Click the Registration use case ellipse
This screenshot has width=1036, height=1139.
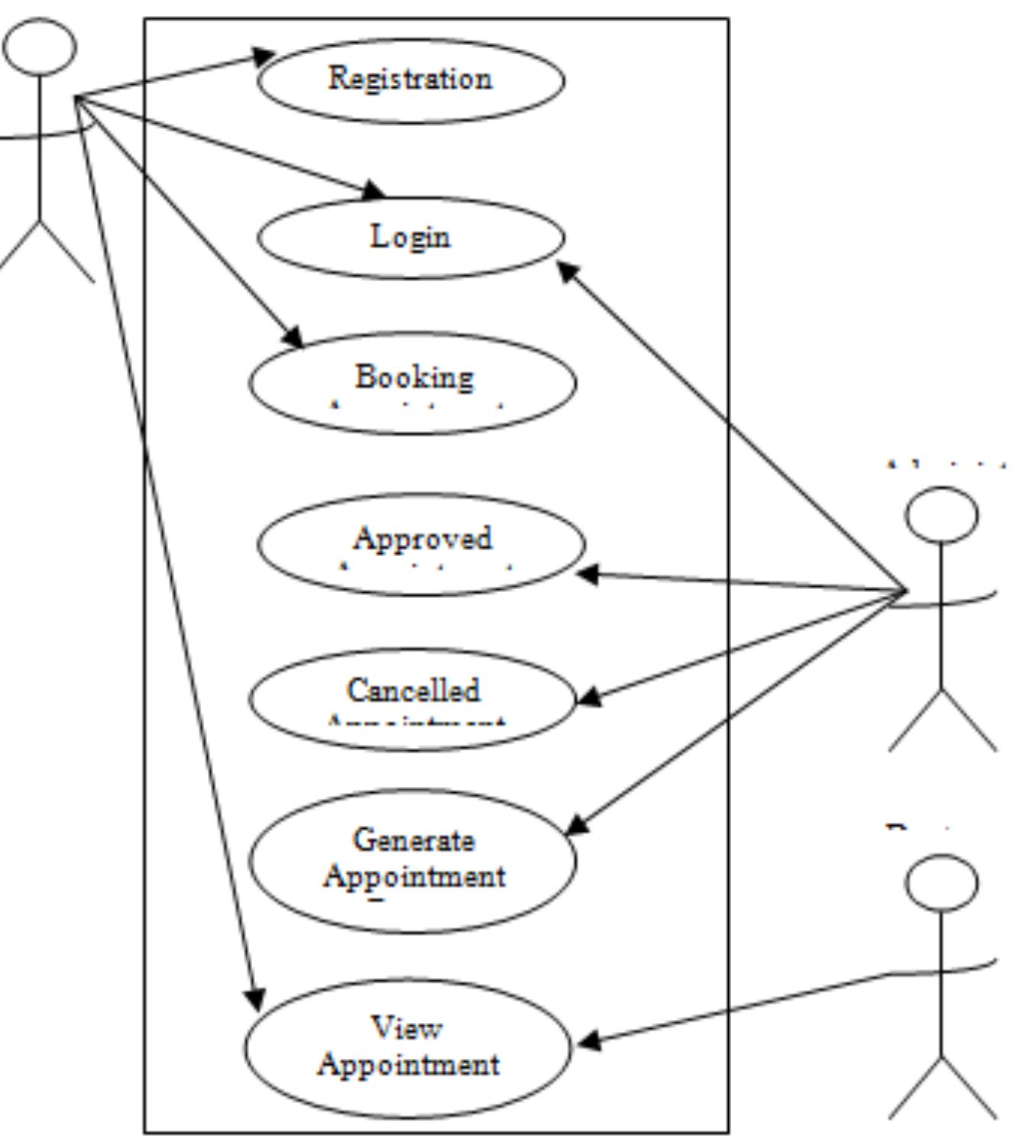(410, 79)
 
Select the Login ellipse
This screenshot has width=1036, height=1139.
(410, 237)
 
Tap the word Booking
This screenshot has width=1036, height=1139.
(413, 377)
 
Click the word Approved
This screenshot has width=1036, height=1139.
(422, 539)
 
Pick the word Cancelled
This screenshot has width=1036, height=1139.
(413, 691)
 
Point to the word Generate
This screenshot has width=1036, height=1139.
(413, 840)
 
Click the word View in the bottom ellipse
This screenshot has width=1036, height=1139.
(406, 1028)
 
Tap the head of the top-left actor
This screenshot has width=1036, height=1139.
(39, 46)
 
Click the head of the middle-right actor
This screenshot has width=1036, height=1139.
(941, 514)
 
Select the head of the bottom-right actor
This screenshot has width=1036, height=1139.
(941, 882)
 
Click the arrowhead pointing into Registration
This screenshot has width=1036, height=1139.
(264, 56)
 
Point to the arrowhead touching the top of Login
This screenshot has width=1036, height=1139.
(374, 190)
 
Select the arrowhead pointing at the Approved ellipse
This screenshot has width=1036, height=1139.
(588, 574)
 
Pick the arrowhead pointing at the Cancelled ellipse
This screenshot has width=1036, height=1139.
(588, 696)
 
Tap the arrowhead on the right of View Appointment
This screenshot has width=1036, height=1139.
(588, 1040)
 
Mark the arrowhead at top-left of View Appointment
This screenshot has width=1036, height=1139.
(255, 998)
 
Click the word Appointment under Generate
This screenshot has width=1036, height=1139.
(413, 876)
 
